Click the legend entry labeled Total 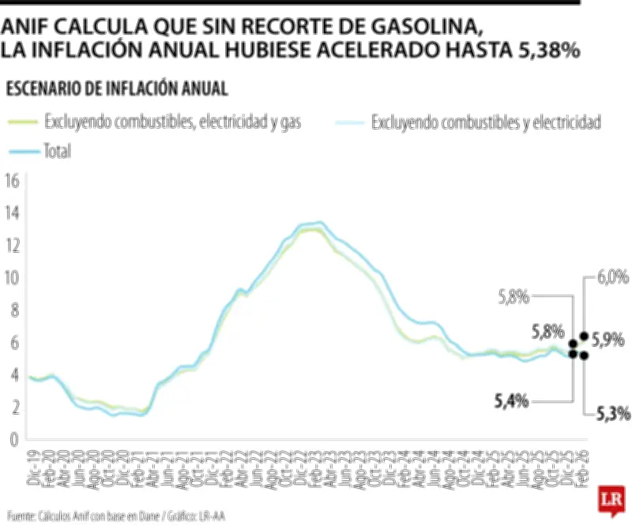point(58,151)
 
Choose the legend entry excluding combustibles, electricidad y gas point(173,122)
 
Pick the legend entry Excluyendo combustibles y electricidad point(486,122)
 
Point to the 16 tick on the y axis point(11,180)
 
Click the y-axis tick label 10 point(11,277)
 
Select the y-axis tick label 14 point(11,212)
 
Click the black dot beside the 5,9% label point(585,336)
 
